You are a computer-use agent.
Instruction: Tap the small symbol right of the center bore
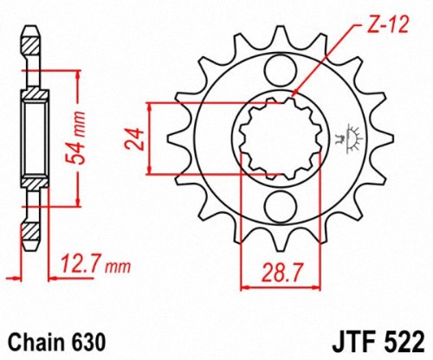click(352, 136)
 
